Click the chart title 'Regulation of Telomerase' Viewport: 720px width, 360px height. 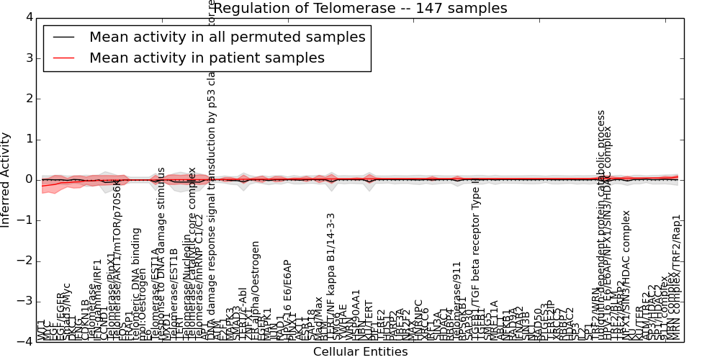[x=360, y=9]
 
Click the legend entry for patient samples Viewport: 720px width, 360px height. [x=207, y=58]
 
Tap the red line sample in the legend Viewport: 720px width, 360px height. [x=63, y=58]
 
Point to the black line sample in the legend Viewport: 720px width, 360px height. [x=63, y=37]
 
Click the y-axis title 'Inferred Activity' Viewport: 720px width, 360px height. [x=6, y=179]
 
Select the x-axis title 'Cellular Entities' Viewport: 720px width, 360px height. [x=360, y=352]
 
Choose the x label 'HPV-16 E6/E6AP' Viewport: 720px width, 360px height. [x=287, y=300]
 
